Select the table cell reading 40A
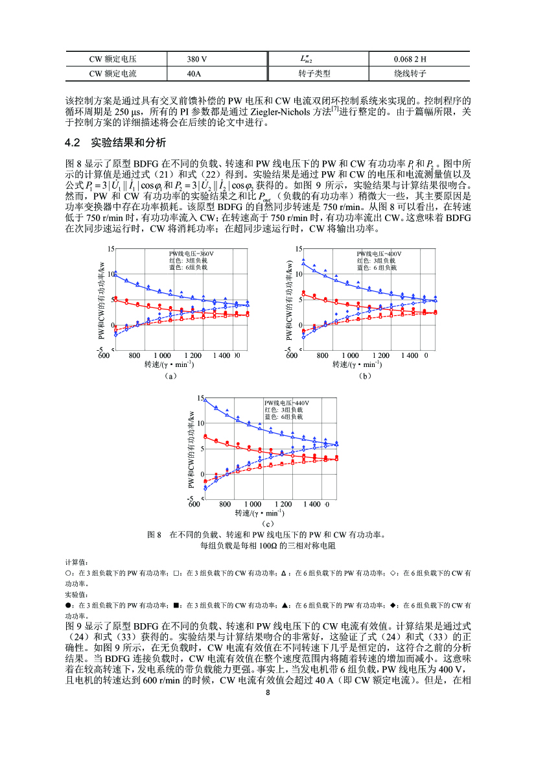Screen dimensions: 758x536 194,73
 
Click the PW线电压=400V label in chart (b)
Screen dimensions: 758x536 379,253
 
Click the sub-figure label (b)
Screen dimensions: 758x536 364,375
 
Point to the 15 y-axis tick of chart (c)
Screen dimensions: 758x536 200,398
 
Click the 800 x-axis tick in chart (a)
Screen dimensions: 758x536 135,356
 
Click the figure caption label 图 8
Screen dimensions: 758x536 154,535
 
